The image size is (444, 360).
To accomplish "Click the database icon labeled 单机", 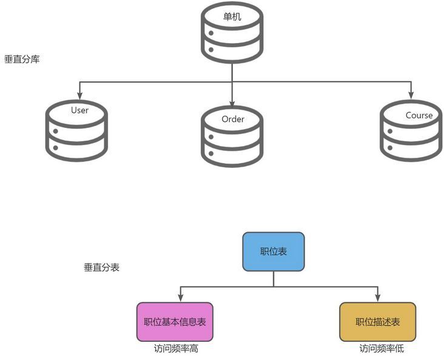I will point(232,33).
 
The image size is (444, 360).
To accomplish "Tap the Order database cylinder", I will point(232,136).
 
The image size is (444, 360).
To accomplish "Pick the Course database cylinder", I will point(411,130).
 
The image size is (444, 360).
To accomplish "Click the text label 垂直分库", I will point(22,60).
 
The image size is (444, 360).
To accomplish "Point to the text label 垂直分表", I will point(101,267).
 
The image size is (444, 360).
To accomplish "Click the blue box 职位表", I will point(274,252).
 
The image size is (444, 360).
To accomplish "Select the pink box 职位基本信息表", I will point(175,322).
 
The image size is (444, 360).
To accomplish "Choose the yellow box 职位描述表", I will point(377,322).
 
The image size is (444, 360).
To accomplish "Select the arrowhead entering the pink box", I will point(180,298).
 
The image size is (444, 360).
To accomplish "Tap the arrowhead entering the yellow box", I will point(378,298).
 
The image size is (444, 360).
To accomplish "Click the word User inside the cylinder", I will point(79,110).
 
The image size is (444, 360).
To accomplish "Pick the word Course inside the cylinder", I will point(419,115).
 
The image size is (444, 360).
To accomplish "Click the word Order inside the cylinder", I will point(233,119).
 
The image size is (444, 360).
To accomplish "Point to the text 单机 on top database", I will point(232,17).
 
